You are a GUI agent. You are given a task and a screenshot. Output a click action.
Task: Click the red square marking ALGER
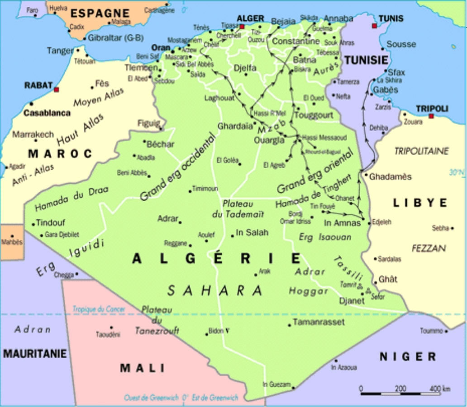242,27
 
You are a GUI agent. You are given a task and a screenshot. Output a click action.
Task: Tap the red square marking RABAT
56,90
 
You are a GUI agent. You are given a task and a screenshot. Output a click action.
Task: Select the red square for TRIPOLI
431,116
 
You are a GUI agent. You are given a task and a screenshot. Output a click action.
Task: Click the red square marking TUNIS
374,26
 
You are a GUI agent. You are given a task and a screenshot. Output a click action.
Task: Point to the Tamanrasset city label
319,322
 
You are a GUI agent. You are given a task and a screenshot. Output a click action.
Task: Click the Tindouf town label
51,223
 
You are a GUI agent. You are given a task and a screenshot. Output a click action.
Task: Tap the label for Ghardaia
235,126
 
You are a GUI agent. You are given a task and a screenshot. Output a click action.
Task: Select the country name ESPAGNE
100,13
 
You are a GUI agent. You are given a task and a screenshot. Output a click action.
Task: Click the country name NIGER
407,357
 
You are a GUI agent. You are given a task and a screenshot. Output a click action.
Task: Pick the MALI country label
143,368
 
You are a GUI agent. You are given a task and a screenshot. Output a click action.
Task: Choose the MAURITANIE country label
35,354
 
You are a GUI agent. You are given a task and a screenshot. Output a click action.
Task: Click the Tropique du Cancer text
99,309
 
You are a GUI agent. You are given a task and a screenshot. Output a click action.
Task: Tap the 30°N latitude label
457,172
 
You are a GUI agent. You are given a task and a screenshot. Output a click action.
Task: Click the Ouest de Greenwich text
152,398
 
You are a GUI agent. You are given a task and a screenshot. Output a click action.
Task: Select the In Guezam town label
276,384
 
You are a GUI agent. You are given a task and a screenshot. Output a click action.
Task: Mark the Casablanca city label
47,113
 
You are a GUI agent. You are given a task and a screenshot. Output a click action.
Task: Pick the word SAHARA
214,290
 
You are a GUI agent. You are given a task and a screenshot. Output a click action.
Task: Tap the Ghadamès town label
390,177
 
